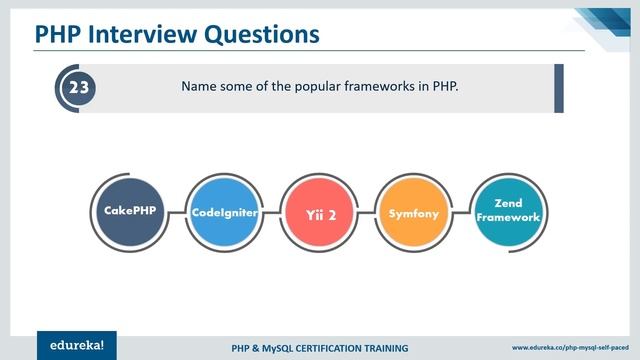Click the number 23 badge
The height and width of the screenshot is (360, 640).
point(78,88)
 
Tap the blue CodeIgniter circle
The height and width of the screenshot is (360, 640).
point(223,213)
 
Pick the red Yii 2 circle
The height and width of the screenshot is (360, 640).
point(319,213)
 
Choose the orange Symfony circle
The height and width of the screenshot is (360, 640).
point(414,213)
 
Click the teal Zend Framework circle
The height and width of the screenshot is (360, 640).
point(508,209)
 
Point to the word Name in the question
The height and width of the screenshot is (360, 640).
point(200,87)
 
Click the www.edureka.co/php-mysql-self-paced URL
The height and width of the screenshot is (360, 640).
point(570,348)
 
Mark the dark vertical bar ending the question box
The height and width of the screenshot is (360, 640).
point(559,88)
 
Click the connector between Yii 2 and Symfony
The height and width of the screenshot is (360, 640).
point(367,213)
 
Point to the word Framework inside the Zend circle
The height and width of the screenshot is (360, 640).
point(508,217)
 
